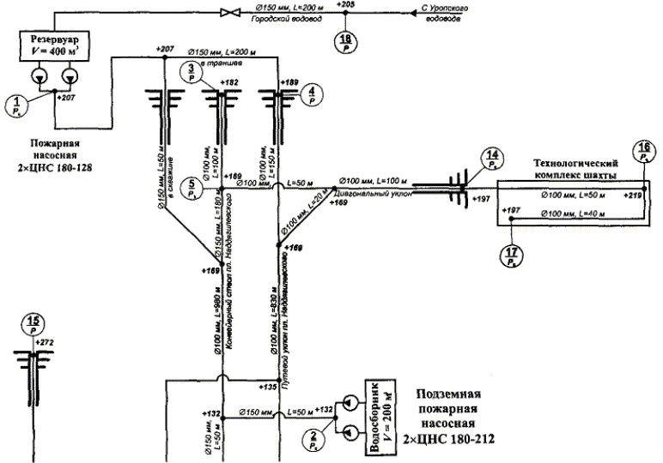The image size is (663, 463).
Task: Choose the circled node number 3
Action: tap(191, 74)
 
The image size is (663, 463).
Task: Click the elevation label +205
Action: tap(346, 5)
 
